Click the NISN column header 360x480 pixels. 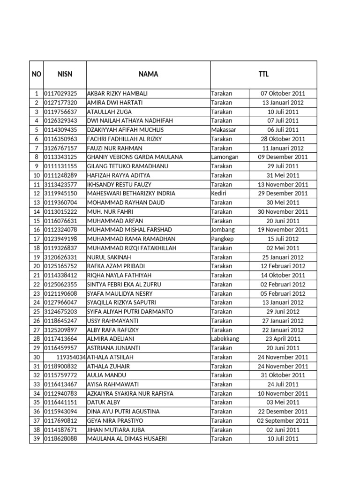[x=65, y=74]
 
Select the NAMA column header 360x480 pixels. [x=148, y=74]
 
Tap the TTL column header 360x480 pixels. [x=263, y=74]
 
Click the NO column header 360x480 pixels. [x=36, y=74]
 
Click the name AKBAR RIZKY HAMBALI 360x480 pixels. [x=117, y=93]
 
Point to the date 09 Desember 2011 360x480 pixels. [x=283, y=157]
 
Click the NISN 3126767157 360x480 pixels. [x=61, y=148]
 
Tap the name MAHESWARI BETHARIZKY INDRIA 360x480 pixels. [x=131, y=193]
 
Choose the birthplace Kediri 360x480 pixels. [x=219, y=193]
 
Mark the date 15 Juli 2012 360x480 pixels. [x=283, y=239]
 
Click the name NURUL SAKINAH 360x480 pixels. [x=109, y=257]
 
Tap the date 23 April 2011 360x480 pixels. [x=283, y=339]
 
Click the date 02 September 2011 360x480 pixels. [x=283, y=420]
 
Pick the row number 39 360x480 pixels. [x=36, y=439]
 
